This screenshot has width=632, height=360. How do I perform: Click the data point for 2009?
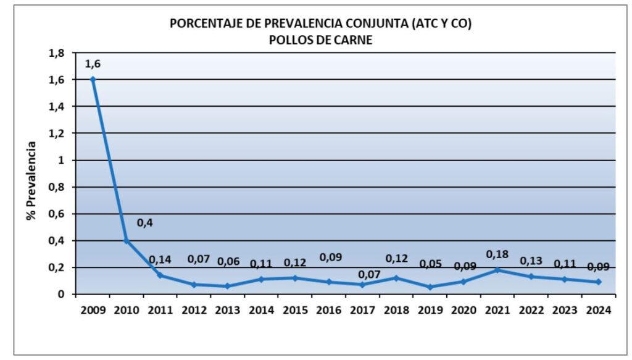click(x=93, y=79)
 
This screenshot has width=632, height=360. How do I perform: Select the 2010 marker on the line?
click(x=127, y=240)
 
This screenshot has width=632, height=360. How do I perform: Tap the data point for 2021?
click(x=497, y=270)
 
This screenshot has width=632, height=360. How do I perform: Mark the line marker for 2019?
click(x=430, y=287)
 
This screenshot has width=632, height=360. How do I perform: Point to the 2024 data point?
click(x=598, y=282)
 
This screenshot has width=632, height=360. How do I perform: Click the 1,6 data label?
click(x=93, y=63)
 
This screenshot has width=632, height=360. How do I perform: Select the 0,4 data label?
click(x=144, y=222)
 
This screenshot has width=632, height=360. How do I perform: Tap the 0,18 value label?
click(x=497, y=254)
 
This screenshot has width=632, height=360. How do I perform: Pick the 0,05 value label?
click(x=430, y=264)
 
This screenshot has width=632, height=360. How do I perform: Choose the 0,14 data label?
click(x=160, y=259)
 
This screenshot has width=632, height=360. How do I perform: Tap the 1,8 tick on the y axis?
click(x=56, y=52)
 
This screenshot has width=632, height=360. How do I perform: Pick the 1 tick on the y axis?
click(x=60, y=160)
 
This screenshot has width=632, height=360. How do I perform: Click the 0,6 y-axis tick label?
click(x=56, y=214)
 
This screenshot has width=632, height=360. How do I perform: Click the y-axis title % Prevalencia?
click(x=31, y=183)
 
